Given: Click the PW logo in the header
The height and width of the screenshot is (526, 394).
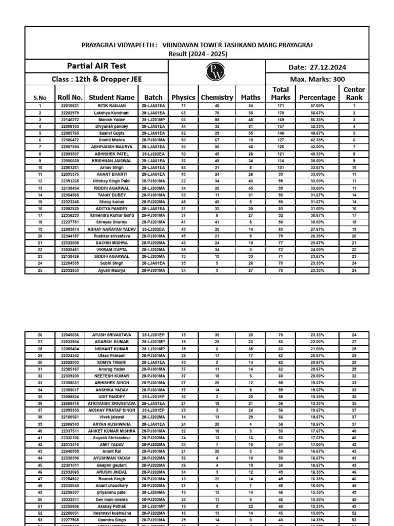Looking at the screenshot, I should [215, 72].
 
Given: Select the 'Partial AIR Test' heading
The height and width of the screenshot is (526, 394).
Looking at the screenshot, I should [96, 66].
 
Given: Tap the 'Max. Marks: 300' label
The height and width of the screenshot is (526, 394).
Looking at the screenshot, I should [318, 79].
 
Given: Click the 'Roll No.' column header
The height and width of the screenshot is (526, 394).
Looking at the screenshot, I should [70, 97].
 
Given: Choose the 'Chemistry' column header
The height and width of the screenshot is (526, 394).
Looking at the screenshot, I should [217, 97].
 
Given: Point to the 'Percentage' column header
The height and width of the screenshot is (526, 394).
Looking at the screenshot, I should [318, 97].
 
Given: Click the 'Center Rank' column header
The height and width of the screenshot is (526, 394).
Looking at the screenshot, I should [354, 93].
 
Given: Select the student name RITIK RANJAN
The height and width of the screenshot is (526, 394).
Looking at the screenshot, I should [111, 106].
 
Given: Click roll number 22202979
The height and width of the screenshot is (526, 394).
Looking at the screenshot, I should [70, 112].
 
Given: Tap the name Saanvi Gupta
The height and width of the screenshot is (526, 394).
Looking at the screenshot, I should [111, 133].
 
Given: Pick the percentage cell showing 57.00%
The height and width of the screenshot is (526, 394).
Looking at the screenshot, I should [318, 106].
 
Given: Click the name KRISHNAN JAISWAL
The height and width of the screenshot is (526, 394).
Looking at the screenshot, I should [111, 160].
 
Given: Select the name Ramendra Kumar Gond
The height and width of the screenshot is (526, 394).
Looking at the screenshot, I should [111, 215].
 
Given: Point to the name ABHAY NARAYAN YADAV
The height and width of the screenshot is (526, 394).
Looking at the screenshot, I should [111, 229].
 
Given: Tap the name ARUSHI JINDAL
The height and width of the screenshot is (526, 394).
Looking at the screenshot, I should [111, 472].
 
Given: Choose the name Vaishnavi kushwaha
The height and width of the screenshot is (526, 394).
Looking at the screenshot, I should [111, 513].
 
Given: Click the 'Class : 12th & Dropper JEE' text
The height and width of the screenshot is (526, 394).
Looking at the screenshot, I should [96, 79].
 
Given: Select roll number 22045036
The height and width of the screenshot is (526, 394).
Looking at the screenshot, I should [70, 335].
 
